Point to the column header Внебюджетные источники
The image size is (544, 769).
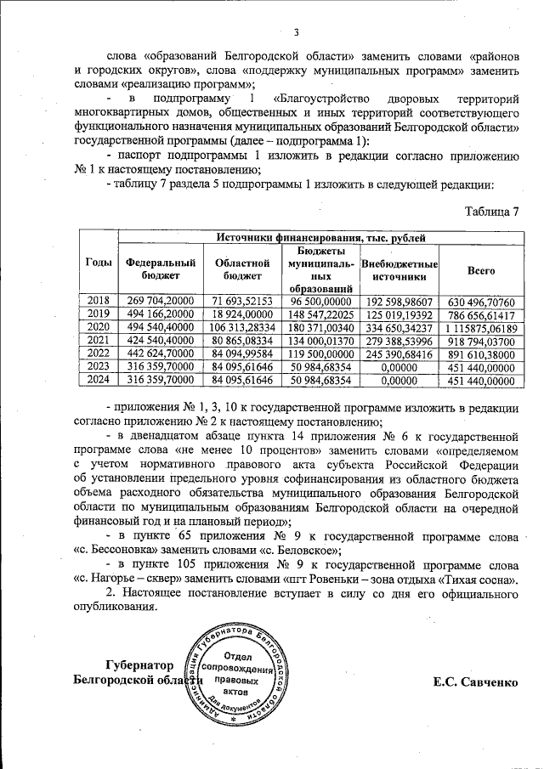point(399,269)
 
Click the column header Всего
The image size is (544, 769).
point(481,269)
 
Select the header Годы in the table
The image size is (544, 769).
point(99,263)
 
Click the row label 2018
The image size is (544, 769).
point(99,301)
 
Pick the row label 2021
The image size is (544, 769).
point(99,340)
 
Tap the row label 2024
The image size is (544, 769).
point(99,381)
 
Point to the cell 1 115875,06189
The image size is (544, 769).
point(481,327)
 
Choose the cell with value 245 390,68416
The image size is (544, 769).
point(399,353)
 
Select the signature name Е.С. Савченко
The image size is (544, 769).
point(474,681)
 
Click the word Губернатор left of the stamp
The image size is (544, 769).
point(140,664)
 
